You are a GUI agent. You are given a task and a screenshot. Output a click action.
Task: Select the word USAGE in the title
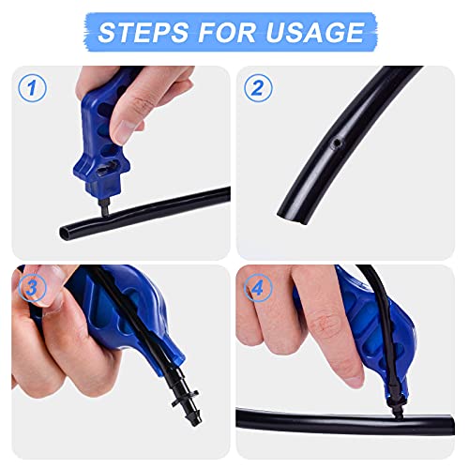click(317, 32)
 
